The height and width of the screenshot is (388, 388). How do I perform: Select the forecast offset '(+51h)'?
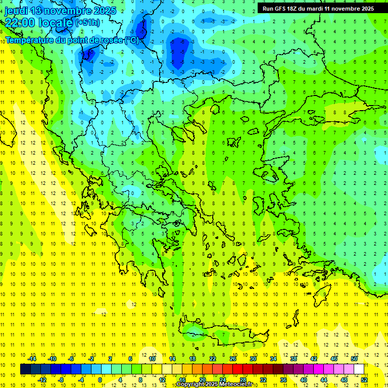(87, 23)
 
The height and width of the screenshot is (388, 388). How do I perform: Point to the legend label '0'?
(100, 380)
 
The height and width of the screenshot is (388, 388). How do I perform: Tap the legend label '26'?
(233, 359)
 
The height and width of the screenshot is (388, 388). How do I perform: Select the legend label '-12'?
(42, 380)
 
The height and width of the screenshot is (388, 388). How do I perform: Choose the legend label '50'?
(354, 359)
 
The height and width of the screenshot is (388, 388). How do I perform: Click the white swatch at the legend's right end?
(359, 369)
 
